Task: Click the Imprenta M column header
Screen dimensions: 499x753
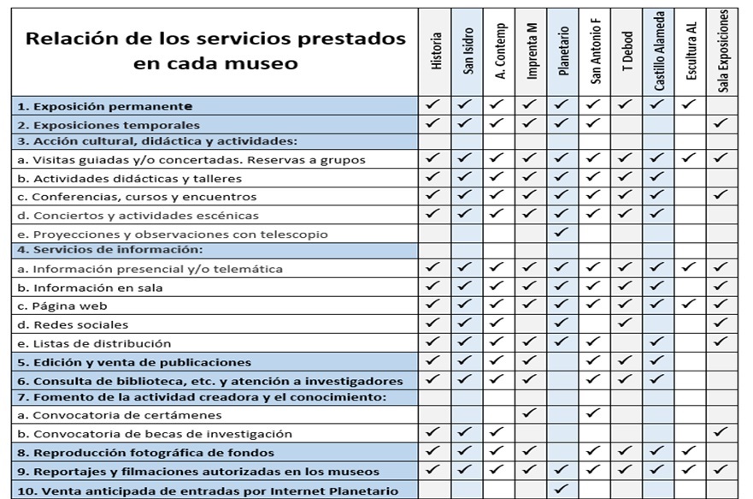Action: tap(532, 51)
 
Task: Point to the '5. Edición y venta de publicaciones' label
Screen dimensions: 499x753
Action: tap(134, 362)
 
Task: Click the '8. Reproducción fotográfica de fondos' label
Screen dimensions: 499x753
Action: tap(144, 452)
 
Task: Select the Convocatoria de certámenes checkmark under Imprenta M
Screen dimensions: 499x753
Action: tap(531, 413)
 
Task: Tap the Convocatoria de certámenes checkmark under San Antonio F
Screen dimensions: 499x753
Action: tap(595, 413)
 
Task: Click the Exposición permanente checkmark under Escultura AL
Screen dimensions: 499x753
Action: tap(691, 105)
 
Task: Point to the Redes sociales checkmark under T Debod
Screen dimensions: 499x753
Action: tap(627, 324)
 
